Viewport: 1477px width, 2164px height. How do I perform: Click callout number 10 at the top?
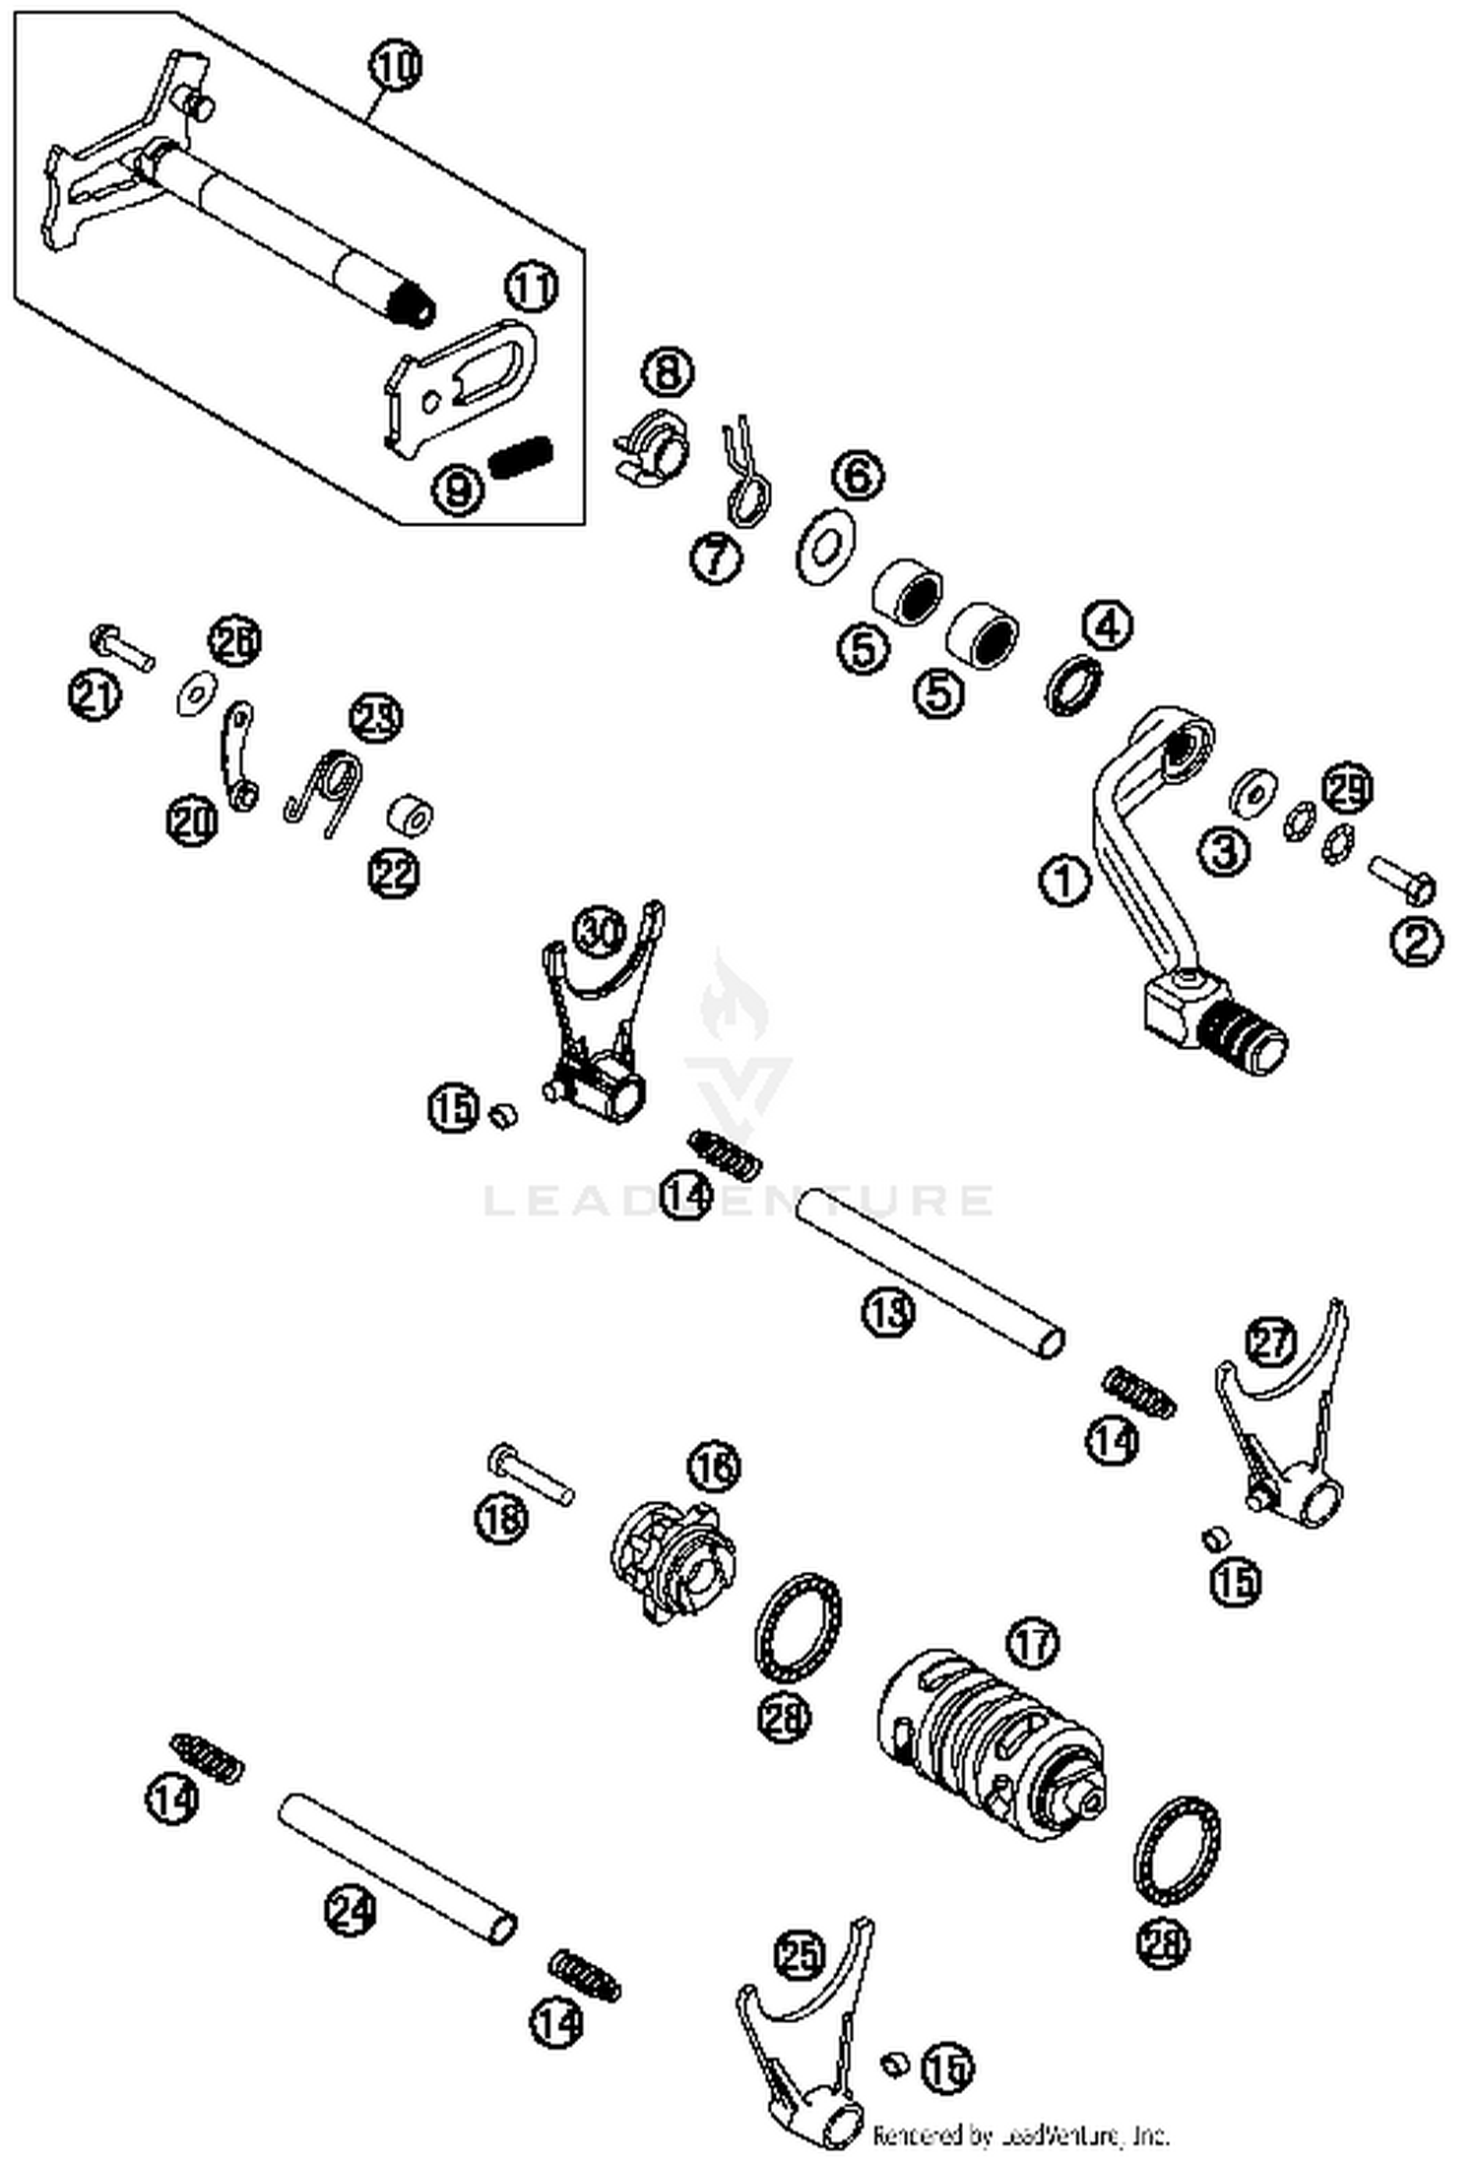[396, 66]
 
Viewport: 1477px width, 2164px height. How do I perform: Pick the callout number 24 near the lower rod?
[351, 1912]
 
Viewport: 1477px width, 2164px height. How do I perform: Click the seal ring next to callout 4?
[1073, 684]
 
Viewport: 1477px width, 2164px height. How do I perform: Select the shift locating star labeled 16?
[675, 1562]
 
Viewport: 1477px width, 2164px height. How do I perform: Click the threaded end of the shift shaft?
[409, 302]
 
